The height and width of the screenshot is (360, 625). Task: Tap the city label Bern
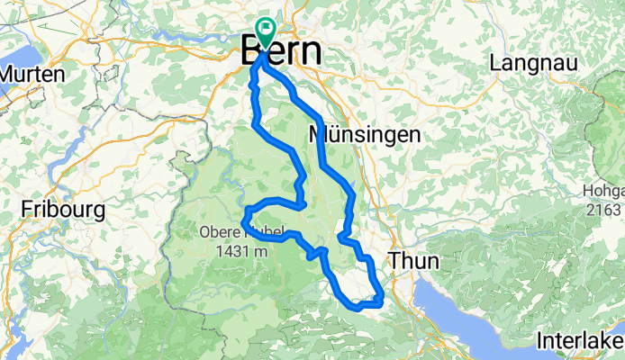pos(282,49)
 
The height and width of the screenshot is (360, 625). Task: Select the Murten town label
pos(32,73)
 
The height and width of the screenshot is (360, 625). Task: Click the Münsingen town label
pos(364,135)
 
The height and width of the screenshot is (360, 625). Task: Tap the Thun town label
pos(415,261)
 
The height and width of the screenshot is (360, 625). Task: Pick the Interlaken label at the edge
pos(580,341)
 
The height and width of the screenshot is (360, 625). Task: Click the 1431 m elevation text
pos(243,251)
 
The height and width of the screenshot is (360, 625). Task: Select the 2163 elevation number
pos(610,210)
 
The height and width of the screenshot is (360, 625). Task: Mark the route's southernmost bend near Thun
pos(359,306)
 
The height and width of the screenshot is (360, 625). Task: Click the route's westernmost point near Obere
pos(244,215)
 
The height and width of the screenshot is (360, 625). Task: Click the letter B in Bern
pos(253,50)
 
